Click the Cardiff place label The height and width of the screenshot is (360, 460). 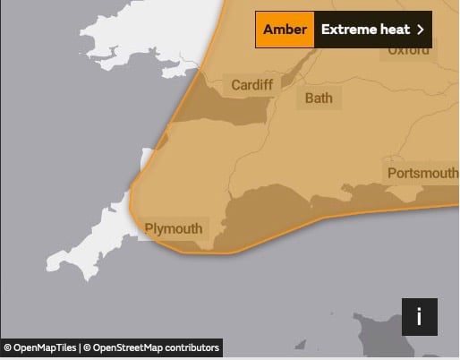pyautogui.click(x=251, y=85)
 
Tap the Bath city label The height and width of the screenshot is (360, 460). pyautogui.click(x=318, y=98)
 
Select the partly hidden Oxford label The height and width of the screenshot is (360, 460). pyautogui.click(x=408, y=51)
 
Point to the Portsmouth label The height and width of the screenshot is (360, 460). pyautogui.click(x=422, y=173)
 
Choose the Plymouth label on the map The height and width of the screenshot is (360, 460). pyautogui.click(x=174, y=228)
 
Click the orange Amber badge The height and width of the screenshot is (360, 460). pyautogui.click(x=285, y=30)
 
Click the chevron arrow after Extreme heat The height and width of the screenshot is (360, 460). pyautogui.click(x=420, y=30)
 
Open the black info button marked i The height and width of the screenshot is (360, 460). pyautogui.click(x=419, y=316)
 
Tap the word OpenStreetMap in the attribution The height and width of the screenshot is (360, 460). pyautogui.click(x=129, y=347)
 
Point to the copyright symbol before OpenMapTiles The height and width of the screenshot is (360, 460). pyautogui.click(x=7, y=347)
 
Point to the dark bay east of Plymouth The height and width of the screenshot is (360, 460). pyautogui.click(x=268, y=219)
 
